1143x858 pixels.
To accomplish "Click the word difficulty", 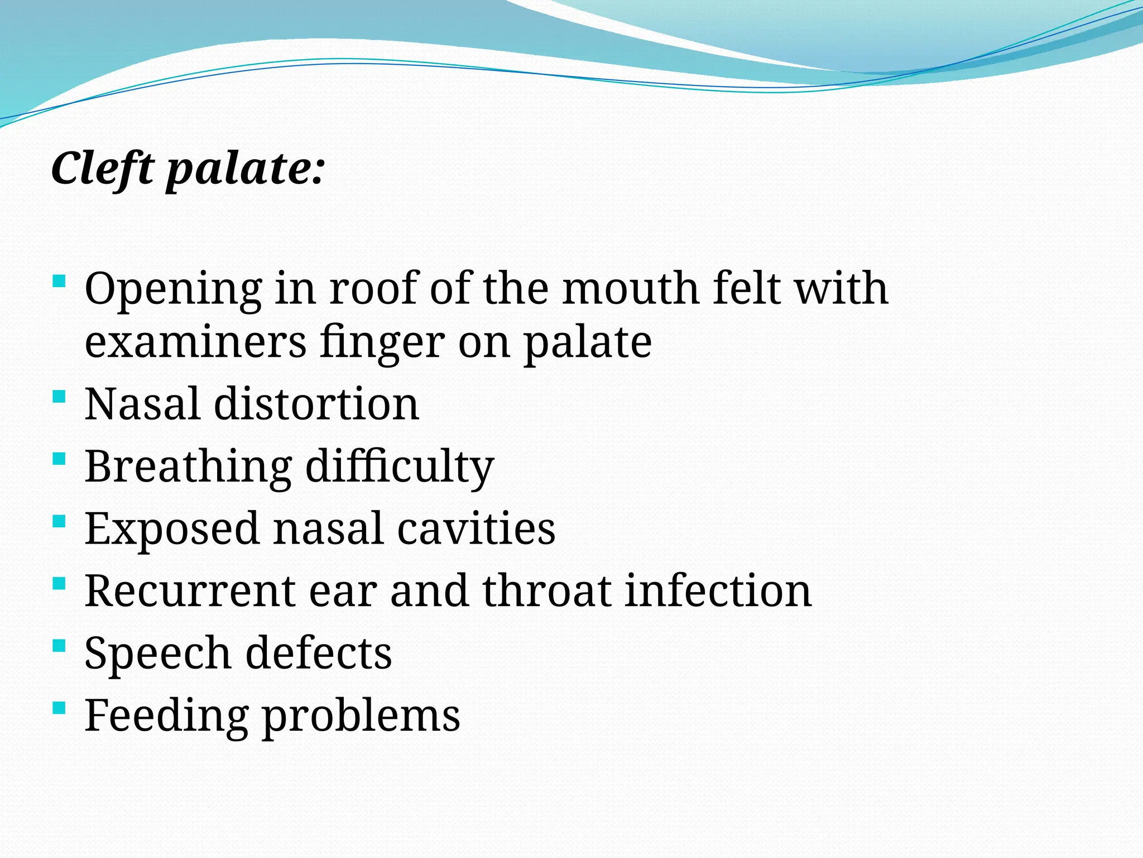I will (400, 467).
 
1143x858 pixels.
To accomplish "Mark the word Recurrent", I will (190, 591).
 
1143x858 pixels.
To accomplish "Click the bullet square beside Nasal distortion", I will (59, 398).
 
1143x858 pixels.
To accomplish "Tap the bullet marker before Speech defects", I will (59, 647).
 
